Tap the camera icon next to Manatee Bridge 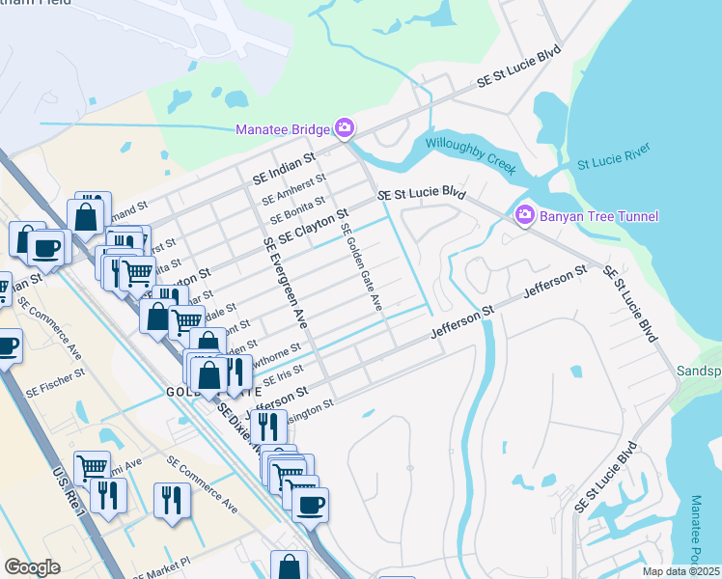(x=344, y=127)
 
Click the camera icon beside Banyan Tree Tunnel (x=524, y=214)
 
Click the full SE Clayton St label (x=312, y=227)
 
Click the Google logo (x=32, y=567)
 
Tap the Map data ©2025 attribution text (x=680, y=571)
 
